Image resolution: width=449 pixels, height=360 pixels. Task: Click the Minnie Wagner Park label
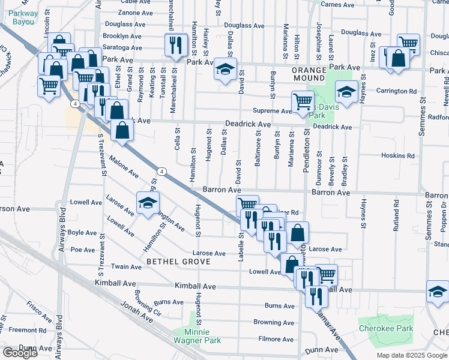[x=197, y=335]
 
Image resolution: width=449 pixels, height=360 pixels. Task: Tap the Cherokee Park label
[x=386, y=328]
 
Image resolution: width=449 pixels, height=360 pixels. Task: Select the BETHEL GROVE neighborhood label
[x=178, y=262]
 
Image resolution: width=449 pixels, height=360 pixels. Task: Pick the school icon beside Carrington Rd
[x=346, y=91]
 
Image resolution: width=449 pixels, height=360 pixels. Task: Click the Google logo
[x=20, y=353]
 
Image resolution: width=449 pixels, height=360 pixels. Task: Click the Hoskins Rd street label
[x=398, y=155]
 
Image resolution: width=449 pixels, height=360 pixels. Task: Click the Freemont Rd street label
[x=23, y=329]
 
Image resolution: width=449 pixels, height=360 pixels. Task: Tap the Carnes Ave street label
[x=337, y=5]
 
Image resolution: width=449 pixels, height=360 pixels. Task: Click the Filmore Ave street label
[x=276, y=339]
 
